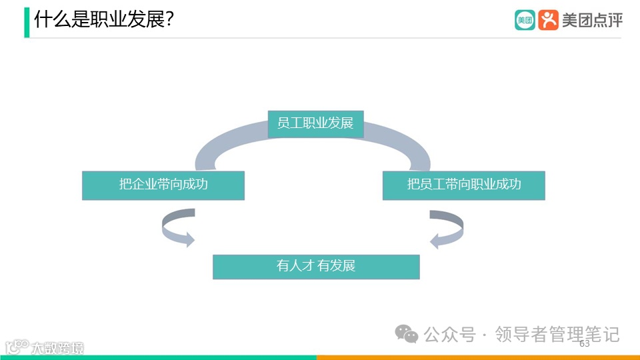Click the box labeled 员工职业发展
[x=315, y=123]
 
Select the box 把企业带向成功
[x=163, y=185]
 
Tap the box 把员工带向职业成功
[x=463, y=185]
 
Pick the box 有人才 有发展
[x=316, y=266]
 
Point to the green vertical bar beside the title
[x=27, y=22]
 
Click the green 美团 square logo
[x=525, y=20]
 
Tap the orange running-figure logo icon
[x=548, y=20]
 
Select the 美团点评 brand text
[x=592, y=20]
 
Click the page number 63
[x=585, y=344]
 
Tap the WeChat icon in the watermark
[x=406, y=334]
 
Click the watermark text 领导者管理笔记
[x=557, y=334]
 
